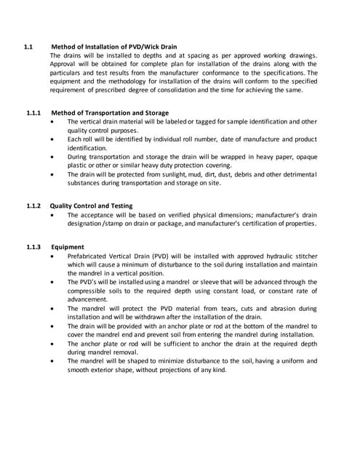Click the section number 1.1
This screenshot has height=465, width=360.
click(x=28, y=47)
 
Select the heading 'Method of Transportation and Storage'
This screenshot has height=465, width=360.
click(x=109, y=113)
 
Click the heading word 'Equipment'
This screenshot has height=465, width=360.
click(x=67, y=247)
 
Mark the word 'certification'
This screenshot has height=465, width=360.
click(x=256, y=224)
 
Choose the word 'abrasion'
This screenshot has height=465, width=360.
click(x=285, y=309)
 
